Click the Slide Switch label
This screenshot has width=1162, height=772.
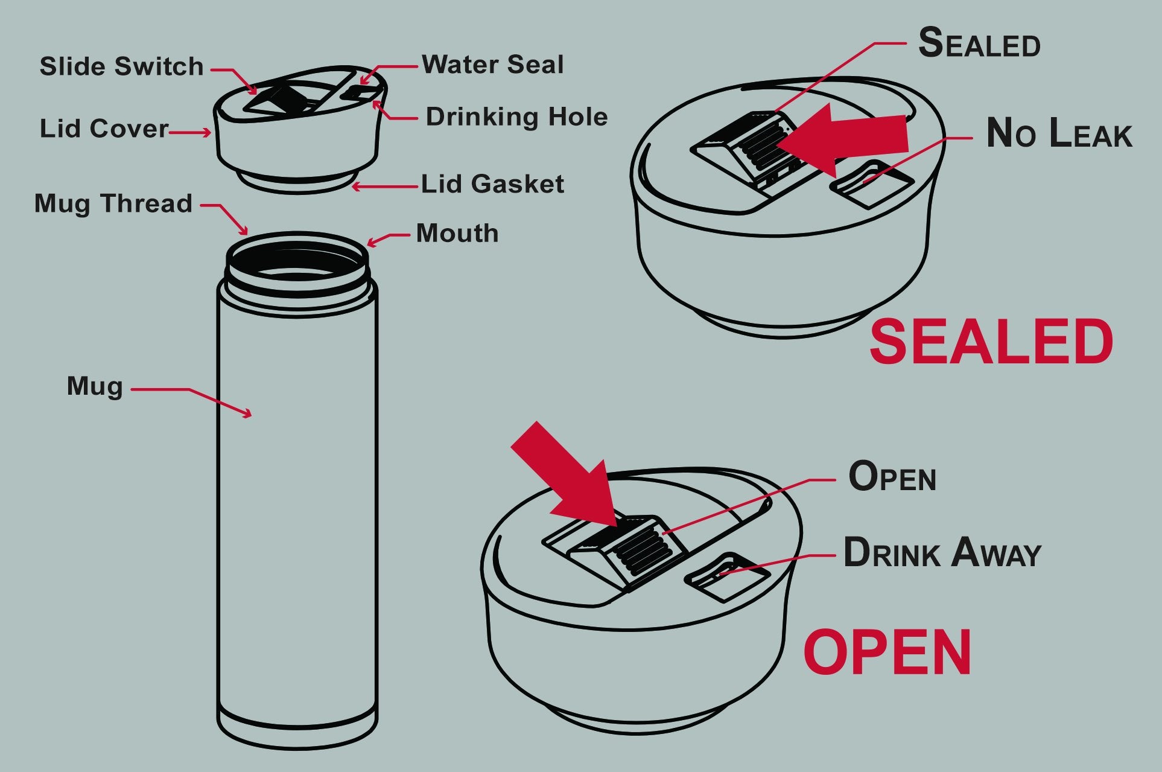(x=121, y=66)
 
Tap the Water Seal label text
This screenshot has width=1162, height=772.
(x=492, y=65)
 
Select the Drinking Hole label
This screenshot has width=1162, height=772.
(x=516, y=117)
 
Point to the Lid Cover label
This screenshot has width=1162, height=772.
(x=104, y=129)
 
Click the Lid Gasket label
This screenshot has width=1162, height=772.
(x=492, y=184)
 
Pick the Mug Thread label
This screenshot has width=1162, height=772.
(x=113, y=203)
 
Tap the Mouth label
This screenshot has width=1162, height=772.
(x=457, y=234)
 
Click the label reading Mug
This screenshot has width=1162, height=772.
(x=95, y=386)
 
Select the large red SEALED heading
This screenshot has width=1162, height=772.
(x=991, y=342)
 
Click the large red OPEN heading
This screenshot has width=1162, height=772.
(x=887, y=652)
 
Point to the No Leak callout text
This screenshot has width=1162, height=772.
(x=1059, y=133)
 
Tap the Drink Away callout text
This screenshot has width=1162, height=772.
(x=942, y=553)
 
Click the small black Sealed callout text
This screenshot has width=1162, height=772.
(x=979, y=44)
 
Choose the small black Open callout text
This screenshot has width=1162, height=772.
(x=892, y=477)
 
